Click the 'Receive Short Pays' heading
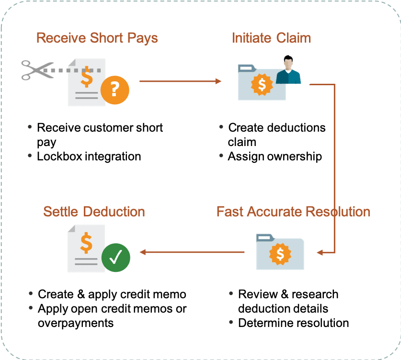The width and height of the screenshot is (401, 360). (x=97, y=38)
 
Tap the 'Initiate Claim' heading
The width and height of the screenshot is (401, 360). (x=271, y=38)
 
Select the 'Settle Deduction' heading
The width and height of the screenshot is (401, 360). (x=94, y=211)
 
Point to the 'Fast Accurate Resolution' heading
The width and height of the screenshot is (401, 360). (x=293, y=211)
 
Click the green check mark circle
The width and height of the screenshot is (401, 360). (x=115, y=259)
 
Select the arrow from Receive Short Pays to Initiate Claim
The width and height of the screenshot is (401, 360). (x=180, y=81)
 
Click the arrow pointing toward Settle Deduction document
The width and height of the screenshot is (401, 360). (x=192, y=252)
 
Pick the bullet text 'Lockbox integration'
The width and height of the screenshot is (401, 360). (x=89, y=156)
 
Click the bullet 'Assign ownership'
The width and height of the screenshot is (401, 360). (x=275, y=156)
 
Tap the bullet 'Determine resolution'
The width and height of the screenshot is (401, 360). (x=293, y=323)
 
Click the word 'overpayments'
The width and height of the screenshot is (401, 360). (x=76, y=323)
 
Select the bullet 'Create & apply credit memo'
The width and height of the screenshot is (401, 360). (x=112, y=294)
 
